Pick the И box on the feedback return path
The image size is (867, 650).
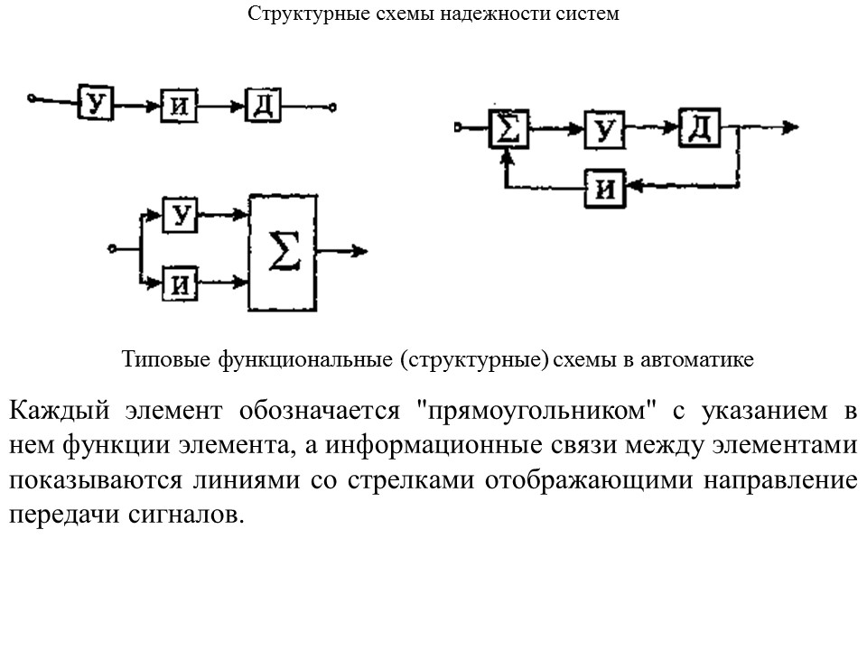(606, 188)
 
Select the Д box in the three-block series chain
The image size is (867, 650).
(263, 107)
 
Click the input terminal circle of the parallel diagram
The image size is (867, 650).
(110, 248)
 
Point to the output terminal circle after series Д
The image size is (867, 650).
(332, 108)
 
